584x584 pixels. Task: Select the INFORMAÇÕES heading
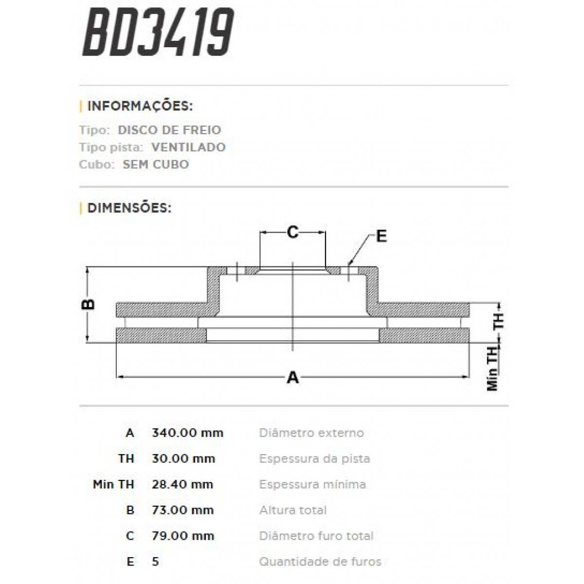140,106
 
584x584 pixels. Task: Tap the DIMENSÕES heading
129,208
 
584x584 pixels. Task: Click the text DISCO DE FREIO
169,130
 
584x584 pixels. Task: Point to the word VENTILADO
188,147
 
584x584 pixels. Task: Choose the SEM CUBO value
156,164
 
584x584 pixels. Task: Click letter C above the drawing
292,233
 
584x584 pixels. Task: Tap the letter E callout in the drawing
381,237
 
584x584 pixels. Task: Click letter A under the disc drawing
292,377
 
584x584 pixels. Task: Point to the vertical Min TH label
493,369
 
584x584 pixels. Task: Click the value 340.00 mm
187,433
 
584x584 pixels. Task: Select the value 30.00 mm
183,458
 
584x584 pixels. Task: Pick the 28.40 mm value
182,484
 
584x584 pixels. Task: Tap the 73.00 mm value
183,510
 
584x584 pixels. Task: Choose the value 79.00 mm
183,536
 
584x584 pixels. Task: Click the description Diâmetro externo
311,433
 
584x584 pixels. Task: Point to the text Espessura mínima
312,484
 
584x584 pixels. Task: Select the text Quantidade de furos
320,562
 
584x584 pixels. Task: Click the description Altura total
293,510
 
